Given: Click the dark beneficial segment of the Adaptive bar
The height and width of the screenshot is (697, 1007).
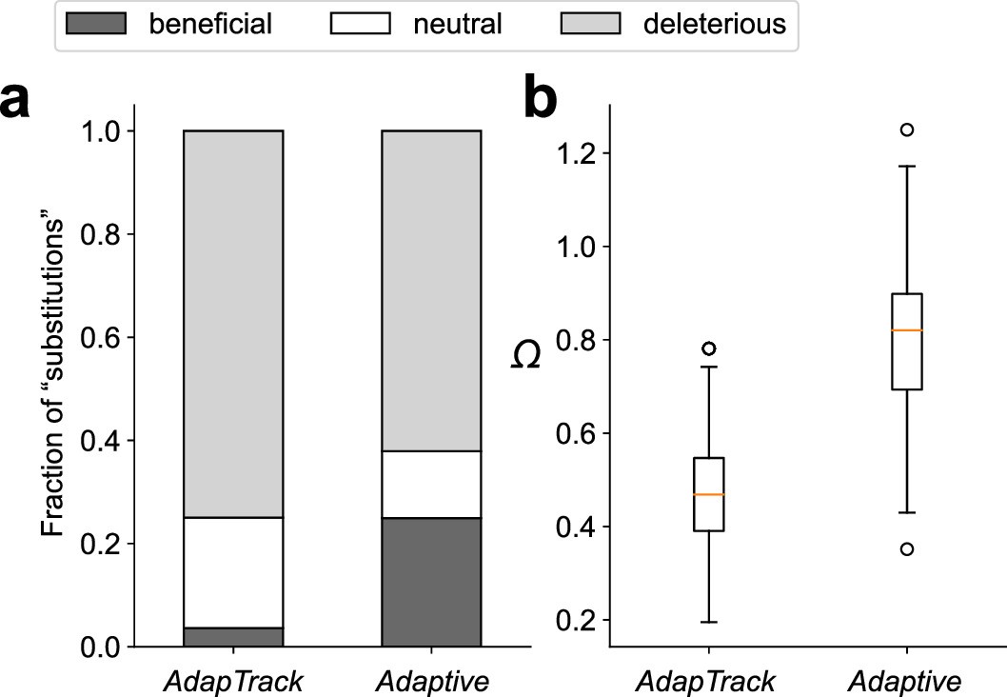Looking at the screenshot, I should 431,582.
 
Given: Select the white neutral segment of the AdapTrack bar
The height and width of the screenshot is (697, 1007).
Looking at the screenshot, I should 232,572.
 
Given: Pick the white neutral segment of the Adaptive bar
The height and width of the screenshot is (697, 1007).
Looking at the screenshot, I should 431,484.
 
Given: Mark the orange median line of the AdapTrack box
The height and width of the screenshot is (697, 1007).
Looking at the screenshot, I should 709,495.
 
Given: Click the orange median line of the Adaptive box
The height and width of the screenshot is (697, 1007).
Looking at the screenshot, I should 907,330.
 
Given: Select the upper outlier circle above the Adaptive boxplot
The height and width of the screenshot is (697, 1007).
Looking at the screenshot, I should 907,129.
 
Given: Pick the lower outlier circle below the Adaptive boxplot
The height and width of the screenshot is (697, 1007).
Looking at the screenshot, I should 907,548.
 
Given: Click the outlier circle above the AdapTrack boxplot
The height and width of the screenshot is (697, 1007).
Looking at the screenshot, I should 709,348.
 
